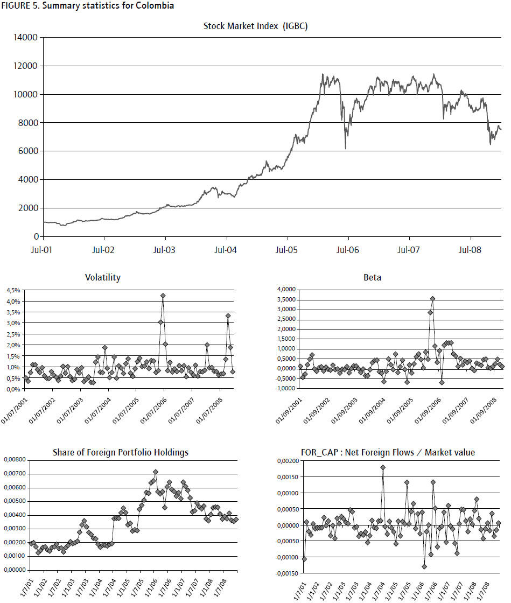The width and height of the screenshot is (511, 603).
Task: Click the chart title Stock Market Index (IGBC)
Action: pos(255,26)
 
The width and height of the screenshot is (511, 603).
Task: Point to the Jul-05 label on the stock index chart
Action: pos(288,250)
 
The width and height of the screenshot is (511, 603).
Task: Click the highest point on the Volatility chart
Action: pos(163,296)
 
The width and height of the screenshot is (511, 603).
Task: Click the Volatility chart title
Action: pos(103,278)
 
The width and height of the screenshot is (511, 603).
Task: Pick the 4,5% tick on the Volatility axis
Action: pos(13,290)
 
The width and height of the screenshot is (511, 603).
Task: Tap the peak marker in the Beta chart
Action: pos(432,299)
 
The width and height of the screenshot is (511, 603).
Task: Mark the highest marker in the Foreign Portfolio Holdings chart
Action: pos(156,472)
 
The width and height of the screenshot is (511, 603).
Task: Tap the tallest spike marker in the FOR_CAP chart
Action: pos(383,468)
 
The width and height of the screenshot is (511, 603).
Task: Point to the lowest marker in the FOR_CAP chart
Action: pos(424,566)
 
